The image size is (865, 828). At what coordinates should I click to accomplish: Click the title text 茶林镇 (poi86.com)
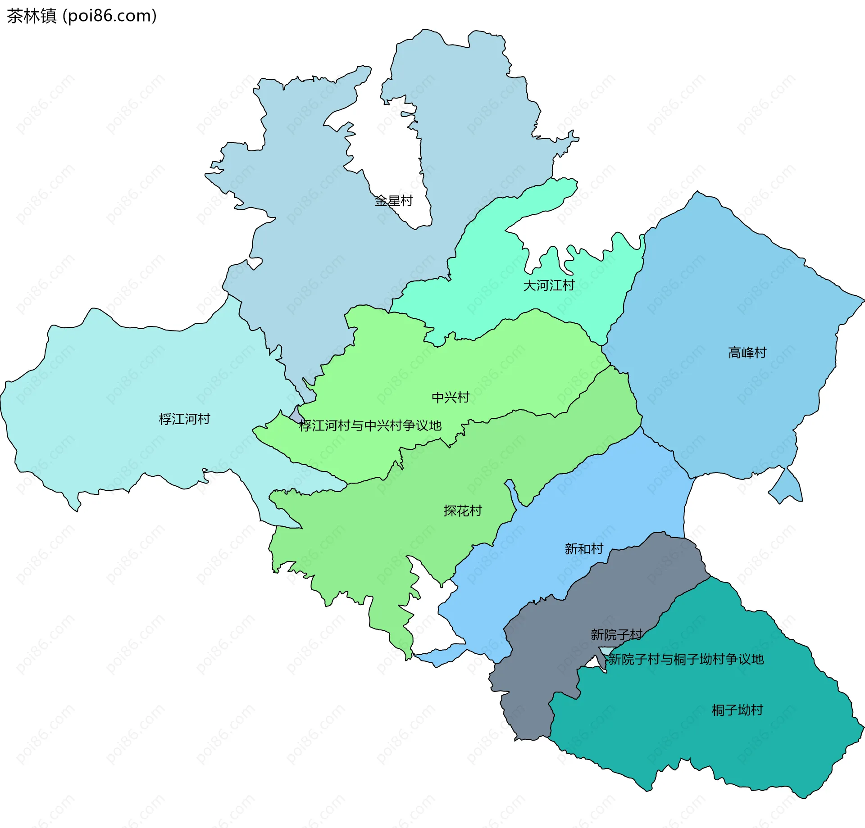82,16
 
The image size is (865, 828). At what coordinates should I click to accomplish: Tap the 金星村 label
394,201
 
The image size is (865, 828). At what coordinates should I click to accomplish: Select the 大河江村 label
548,285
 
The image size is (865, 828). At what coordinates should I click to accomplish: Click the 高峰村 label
747,353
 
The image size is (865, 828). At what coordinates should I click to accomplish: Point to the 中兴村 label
451,397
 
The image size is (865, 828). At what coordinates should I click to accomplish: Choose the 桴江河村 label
184,419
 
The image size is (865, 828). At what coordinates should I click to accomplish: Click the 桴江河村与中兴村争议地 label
370,425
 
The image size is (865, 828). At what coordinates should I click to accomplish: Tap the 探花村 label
463,511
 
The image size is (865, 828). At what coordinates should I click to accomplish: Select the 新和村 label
584,549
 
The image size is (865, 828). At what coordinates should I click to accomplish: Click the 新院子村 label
616,635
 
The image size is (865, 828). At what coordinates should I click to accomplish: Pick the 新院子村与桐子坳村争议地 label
686,659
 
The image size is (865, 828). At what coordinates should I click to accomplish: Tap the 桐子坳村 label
737,710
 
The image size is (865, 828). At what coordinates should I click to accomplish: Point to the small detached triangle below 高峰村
788,489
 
